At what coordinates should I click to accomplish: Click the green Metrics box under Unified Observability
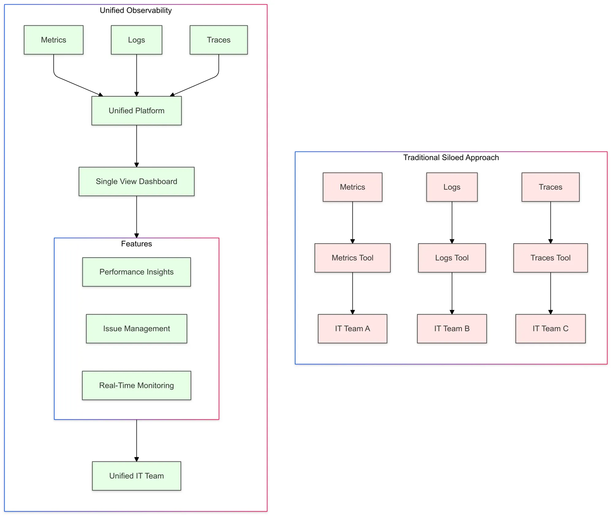pos(53,40)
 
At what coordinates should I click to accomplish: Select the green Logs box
pos(136,40)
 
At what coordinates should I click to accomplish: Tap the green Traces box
pos(219,40)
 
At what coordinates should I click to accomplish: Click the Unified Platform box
pos(136,111)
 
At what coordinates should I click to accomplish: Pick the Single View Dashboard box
pos(136,181)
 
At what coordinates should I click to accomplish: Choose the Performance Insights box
pos(136,272)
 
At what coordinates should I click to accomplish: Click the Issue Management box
pos(136,329)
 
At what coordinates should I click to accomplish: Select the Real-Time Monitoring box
pos(136,385)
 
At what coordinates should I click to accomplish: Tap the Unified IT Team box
pos(136,476)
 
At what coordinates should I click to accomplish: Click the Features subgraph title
pos(136,244)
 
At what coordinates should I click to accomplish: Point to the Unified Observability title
pos(135,10)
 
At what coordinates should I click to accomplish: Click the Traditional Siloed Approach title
pos(451,157)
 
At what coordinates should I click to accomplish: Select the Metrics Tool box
pos(352,258)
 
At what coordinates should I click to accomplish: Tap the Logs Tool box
pos(452,258)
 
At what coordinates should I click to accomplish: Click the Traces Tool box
pos(550,258)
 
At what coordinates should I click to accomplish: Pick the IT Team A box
pos(352,329)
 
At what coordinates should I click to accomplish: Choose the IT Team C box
pos(550,329)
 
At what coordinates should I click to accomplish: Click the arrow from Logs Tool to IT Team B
pos(452,293)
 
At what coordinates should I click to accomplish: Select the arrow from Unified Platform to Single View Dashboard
pos(136,146)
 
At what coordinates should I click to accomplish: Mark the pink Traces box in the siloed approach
pos(550,187)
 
